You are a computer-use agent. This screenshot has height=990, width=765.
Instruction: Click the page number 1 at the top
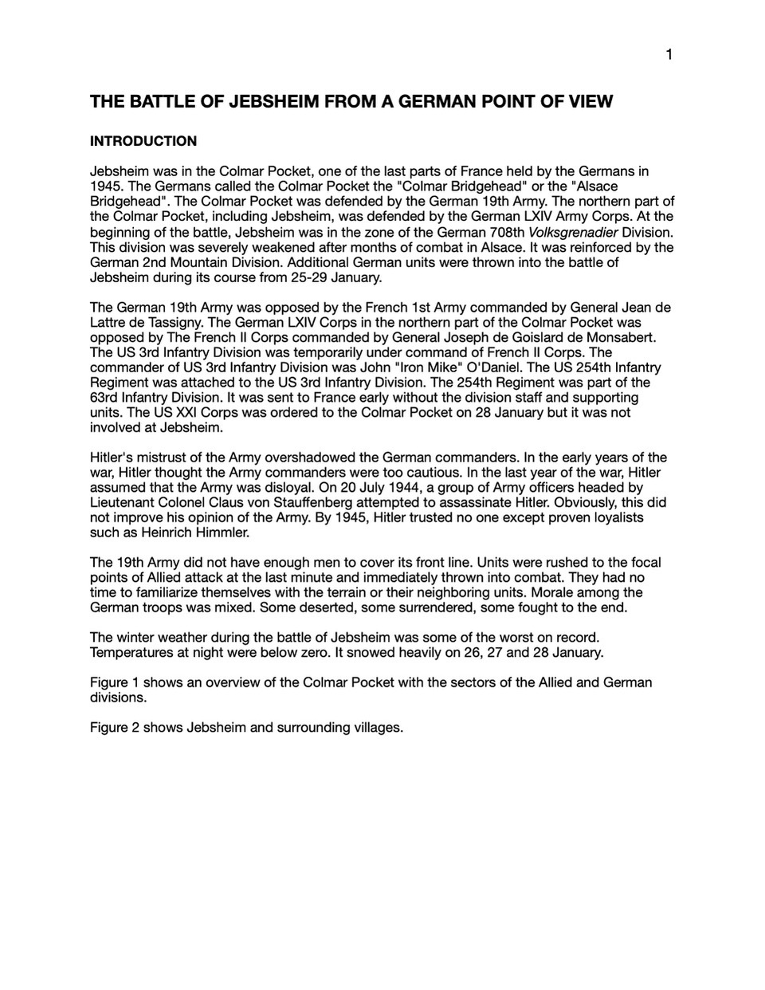pos(669,54)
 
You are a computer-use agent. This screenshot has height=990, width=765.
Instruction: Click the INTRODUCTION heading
pos(143,141)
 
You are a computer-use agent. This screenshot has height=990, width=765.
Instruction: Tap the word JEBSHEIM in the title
pos(275,101)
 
